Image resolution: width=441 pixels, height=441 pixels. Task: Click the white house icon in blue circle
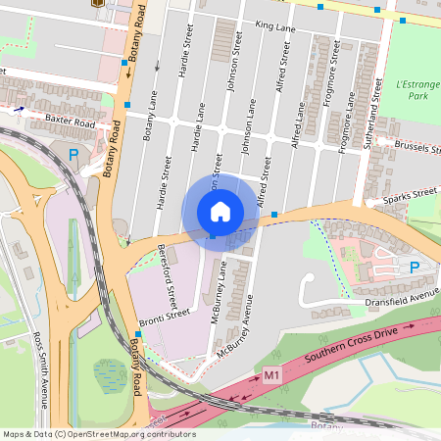[220, 211]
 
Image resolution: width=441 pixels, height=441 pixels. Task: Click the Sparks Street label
[410, 196]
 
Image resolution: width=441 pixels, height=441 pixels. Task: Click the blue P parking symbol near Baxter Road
[74, 154]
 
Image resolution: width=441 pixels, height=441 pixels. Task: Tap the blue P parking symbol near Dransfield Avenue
[414, 267]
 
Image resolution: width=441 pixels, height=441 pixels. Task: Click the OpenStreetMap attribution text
[98, 434]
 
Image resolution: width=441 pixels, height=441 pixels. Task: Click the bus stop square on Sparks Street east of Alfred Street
[275, 214]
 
